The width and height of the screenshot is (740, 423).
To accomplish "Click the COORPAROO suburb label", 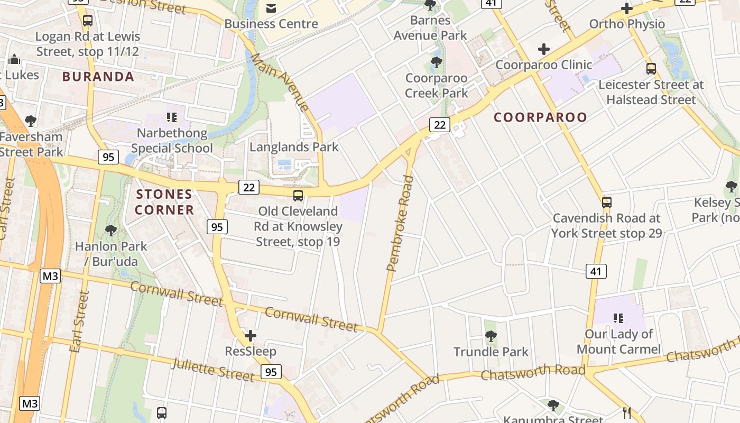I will coord(540,117).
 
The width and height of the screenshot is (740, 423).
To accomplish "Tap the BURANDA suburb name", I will coord(98,77).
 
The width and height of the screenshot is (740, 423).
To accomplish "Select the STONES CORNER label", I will coord(164,202).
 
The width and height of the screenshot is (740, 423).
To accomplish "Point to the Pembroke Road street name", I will coord(400,223).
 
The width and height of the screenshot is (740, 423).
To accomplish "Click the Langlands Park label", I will coord(294,147).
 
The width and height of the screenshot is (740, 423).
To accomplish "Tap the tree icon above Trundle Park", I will coord(491,336).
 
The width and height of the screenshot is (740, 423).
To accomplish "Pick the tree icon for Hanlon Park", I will coord(110,230).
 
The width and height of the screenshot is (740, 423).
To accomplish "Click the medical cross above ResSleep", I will coord(251,336).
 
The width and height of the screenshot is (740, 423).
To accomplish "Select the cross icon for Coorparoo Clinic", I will coord(543,50).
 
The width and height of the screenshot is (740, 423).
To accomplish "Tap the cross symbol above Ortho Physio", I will coord(627,8).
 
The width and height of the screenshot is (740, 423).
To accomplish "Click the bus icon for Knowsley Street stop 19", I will coord(298,196).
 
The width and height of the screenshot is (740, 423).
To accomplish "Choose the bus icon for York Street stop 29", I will coord(607,202).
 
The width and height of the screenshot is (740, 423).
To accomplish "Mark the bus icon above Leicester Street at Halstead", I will coord(651,68).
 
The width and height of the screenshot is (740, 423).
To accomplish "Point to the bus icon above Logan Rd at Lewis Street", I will coord(88,21).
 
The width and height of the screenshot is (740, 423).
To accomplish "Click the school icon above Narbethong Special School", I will coord(171,117).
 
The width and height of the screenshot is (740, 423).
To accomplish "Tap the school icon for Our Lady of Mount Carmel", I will coord(618,318).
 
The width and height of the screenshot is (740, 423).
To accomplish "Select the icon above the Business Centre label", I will coord(271,8).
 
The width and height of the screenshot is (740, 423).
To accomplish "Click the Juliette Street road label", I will coord(213,369).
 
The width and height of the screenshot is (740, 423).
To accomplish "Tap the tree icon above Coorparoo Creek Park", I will coord(436,62).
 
